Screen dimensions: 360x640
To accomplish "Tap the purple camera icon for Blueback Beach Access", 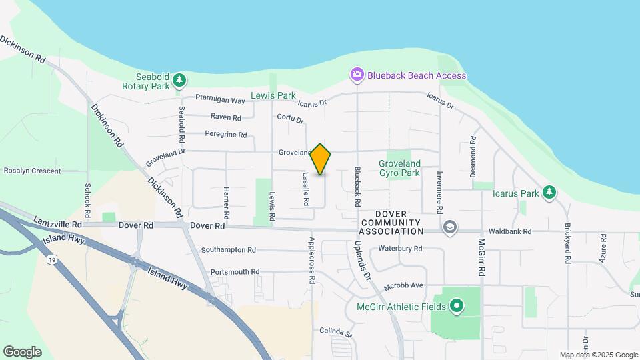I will [x=357, y=75].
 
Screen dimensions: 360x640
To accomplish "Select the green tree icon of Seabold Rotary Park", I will [x=179, y=81].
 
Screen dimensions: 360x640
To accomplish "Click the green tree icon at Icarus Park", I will [x=549, y=193].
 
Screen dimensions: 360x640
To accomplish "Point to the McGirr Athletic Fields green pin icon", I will [x=457, y=307].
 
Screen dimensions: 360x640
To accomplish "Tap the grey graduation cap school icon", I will [x=450, y=227].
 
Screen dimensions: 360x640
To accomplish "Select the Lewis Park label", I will [x=273, y=95].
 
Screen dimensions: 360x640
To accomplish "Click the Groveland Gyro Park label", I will [x=399, y=168].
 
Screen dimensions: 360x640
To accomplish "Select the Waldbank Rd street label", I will [x=509, y=232].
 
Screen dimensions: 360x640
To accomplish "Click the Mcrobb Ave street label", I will [x=404, y=286].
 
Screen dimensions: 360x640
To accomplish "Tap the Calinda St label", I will [x=335, y=331].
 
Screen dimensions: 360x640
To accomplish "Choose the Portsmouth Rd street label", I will [x=234, y=272].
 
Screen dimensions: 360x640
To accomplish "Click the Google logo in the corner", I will [x=22, y=352].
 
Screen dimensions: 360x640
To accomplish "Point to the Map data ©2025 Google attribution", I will [x=598, y=355].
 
